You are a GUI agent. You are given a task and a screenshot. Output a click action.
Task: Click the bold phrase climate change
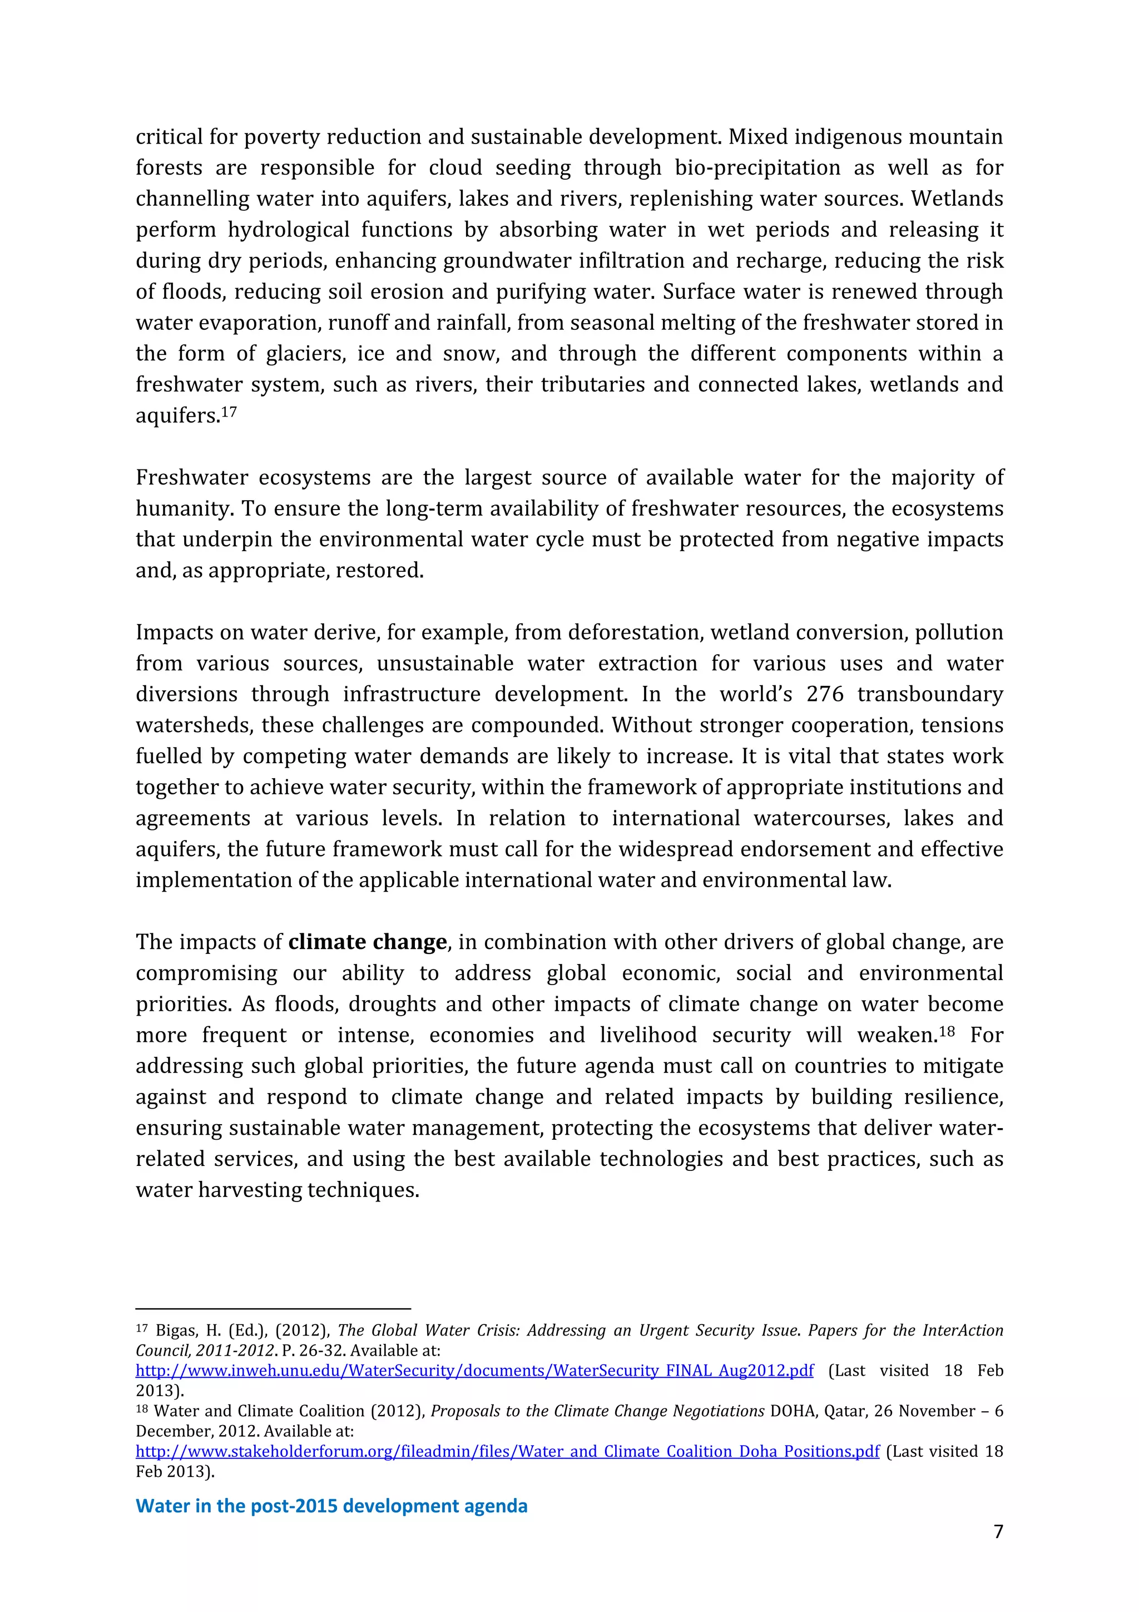coord(367,942)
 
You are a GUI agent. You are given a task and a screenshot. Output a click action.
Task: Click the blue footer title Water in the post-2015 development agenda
coord(331,1505)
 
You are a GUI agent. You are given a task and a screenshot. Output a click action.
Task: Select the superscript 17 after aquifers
coord(229,412)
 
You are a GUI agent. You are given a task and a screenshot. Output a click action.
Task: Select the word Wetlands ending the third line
coord(957,199)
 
